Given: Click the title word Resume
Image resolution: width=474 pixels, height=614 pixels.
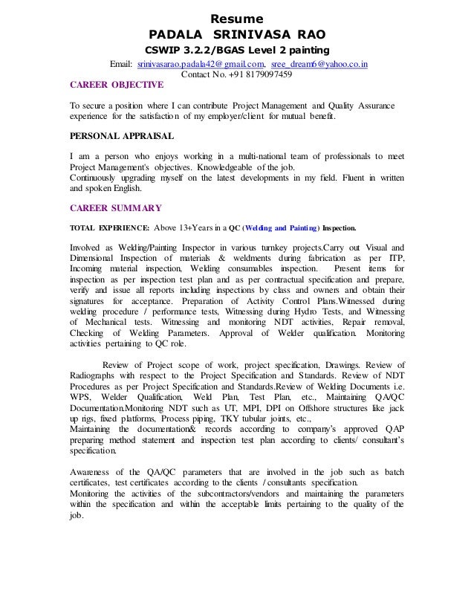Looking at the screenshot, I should (237, 17).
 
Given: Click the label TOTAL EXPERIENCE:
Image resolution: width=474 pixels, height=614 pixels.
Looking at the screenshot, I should (109, 227).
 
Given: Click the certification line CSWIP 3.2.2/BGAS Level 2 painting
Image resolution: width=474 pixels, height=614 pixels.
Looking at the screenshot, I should (237, 51).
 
